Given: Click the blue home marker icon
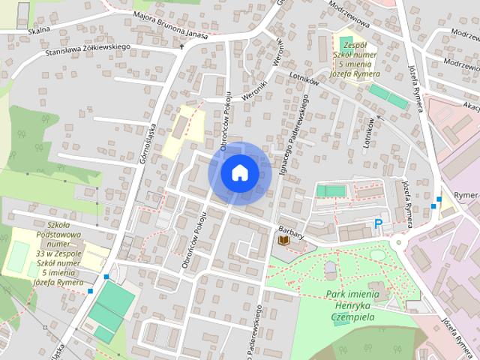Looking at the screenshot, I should click(x=239, y=172).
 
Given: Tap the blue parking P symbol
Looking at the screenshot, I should click(x=379, y=223).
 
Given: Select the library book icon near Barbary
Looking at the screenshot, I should click(x=283, y=241).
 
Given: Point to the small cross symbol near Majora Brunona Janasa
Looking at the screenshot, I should click(x=181, y=46).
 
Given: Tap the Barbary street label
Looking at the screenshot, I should click(x=291, y=232).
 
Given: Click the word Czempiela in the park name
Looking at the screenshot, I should click(x=352, y=316).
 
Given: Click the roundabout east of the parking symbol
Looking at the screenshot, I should click(x=398, y=242).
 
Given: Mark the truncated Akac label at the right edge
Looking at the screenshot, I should click(x=470, y=106).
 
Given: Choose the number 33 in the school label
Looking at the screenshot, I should click(x=40, y=253).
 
